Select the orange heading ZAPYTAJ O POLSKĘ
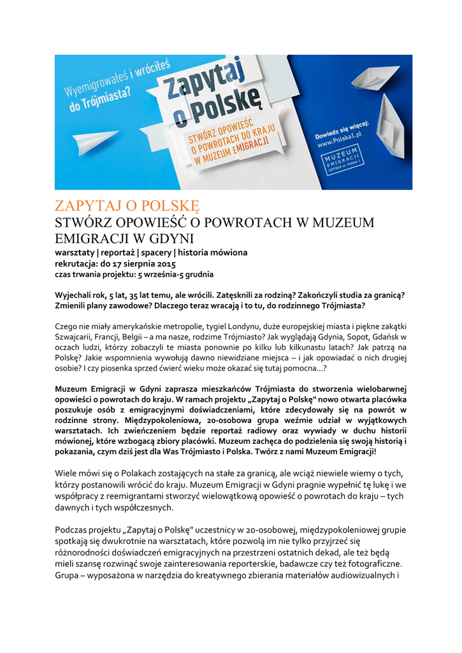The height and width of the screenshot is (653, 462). [x=127, y=207]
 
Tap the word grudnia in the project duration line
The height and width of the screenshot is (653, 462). [x=198, y=274]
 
